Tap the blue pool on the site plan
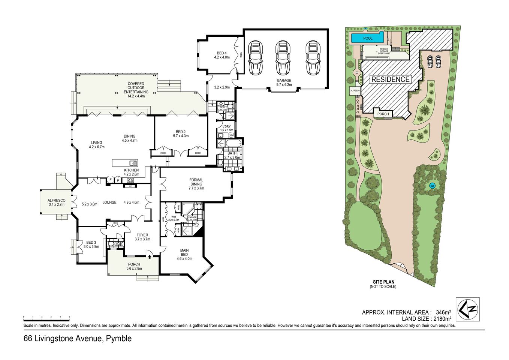[x=367, y=38]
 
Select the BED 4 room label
[x=222, y=55]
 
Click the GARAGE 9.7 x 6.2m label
[x=284, y=82]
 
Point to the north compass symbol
[x=467, y=309]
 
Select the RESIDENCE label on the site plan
[x=390, y=79]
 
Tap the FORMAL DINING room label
[x=196, y=184]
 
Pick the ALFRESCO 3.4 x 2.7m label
[x=57, y=202]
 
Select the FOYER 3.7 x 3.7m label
[x=142, y=237]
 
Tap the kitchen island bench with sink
[x=125, y=163]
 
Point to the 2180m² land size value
[x=442, y=319]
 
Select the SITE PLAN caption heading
[x=383, y=282]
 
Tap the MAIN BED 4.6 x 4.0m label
[x=184, y=254]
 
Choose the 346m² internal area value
[x=443, y=312]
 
